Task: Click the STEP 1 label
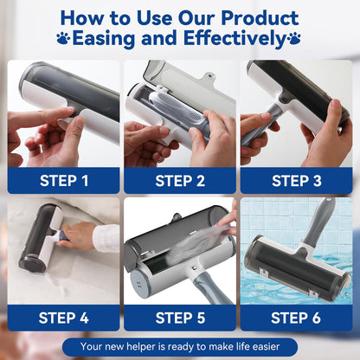tap(64, 181)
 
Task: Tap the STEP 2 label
tap(180, 181)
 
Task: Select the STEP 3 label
tap(297, 181)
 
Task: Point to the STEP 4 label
tap(64, 318)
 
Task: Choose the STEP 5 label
tap(180, 318)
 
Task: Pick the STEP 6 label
tap(296, 318)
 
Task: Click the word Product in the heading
tap(260, 18)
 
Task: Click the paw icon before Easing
tap(63, 38)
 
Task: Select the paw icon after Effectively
tap(294, 38)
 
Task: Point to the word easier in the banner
tap(265, 346)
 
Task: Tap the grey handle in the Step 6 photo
tap(320, 222)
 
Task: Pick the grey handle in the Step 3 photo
tap(259, 124)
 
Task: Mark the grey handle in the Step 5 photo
tap(212, 287)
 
